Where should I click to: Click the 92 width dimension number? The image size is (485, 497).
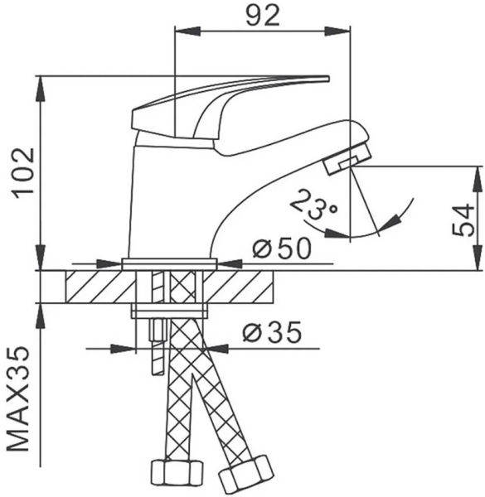coord(263,15)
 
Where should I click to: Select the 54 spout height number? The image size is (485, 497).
coord(463,220)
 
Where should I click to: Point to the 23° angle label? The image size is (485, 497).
coord(313,205)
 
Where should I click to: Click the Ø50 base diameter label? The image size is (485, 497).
coord(281,248)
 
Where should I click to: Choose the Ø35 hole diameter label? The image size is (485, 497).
coord(272,332)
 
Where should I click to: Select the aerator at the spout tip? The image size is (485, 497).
coord(347,158)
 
